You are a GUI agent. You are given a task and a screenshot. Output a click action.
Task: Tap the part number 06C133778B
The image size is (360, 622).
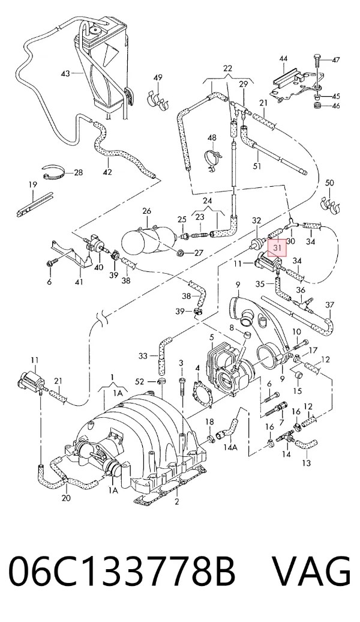pyautogui.click(x=122, y=571)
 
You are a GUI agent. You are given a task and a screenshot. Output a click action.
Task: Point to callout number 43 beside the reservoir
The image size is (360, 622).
pyautogui.click(x=65, y=73)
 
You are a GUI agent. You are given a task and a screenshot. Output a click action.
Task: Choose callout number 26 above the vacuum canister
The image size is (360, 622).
pyautogui.click(x=146, y=211)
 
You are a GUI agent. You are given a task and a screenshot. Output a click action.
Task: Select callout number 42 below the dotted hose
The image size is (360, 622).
pyautogui.click(x=107, y=172)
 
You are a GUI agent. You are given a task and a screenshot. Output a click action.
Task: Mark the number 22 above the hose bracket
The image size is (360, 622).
pyautogui.click(x=227, y=68)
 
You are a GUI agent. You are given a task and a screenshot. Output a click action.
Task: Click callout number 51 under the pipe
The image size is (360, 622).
pyautogui.click(x=257, y=166)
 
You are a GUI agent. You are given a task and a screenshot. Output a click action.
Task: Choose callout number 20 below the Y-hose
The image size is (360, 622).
pyautogui.click(x=66, y=498)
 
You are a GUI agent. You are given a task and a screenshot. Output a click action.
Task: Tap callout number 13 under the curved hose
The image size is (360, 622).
pyautogui.click(x=307, y=462)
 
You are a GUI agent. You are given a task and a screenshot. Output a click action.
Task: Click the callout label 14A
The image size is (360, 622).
pyautogui.click(x=230, y=447)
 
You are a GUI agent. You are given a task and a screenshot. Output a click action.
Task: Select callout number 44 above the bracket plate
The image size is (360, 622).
pyautogui.click(x=283, y=58)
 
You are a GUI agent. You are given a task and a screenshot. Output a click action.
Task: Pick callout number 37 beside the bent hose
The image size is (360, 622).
pyautogui.click(x=329, y=304)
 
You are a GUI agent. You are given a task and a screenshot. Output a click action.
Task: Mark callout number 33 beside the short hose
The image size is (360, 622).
pyautogui.click(x=143, y=356)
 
